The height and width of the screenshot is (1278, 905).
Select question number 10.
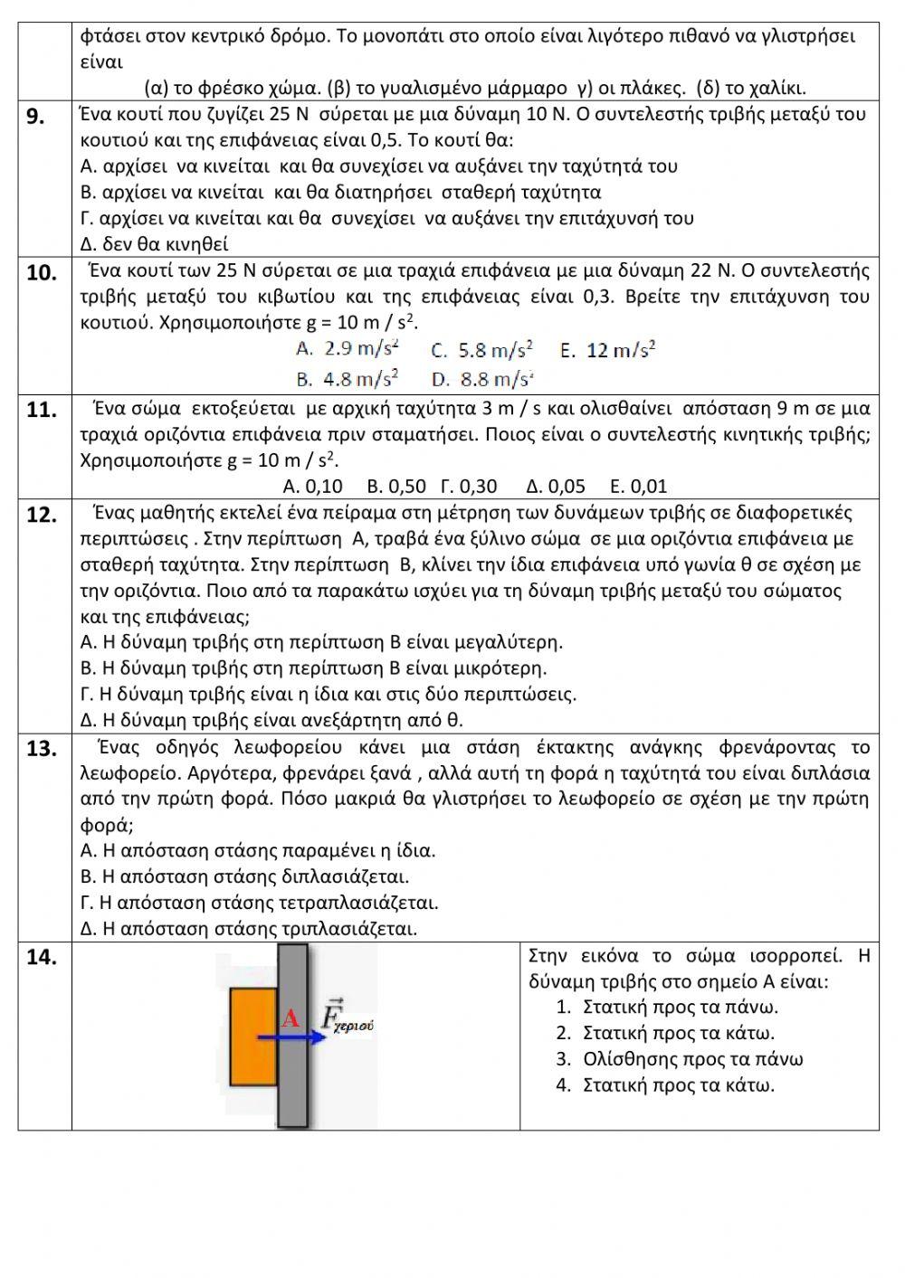click(x=42, y=273)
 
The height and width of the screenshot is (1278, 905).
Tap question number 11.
click(x=42, y=410)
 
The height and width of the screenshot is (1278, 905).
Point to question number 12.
click(x=42, y=515)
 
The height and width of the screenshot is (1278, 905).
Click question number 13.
click(x=42, y=749)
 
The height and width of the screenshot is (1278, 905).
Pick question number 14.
click(x=42, y=957)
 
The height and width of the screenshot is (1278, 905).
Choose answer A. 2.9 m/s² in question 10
click(x=348, y=349)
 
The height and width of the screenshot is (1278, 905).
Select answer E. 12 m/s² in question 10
click(x=607, y=350)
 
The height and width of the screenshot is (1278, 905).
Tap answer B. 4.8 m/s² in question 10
click(x=348, y=378)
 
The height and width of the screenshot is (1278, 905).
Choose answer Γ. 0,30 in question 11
click(x=468, y=486)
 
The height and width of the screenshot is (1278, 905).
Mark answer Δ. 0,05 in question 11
click(x=555, y=486)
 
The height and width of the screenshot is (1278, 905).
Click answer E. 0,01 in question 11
click(x=639, y=486)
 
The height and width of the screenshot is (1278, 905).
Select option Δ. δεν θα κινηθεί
click(x=155, y=244)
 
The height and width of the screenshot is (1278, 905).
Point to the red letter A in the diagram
click(x=291, y=1018)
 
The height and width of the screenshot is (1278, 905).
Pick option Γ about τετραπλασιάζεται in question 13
click(x=260, y=903)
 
